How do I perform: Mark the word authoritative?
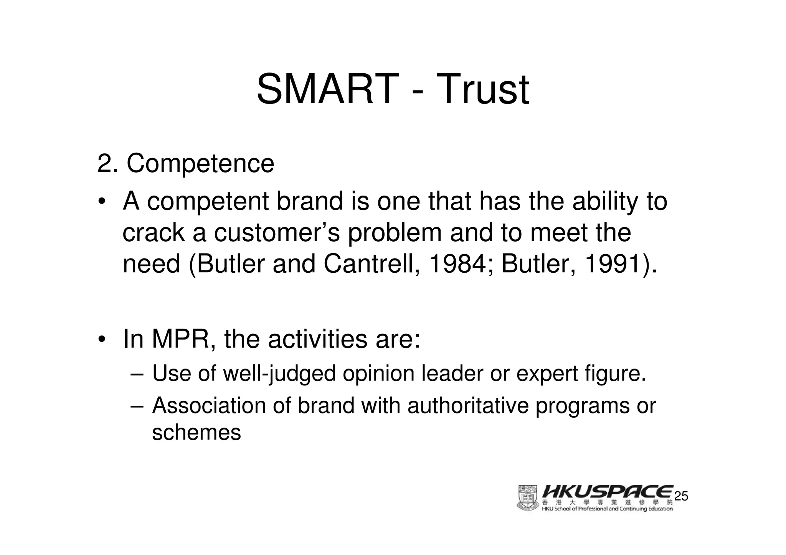click(x=468, y=406)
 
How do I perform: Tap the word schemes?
click(x=196, y=433)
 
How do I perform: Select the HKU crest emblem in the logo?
click(x=528, y=498)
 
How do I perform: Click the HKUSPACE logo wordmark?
click(x=608, y=492)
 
